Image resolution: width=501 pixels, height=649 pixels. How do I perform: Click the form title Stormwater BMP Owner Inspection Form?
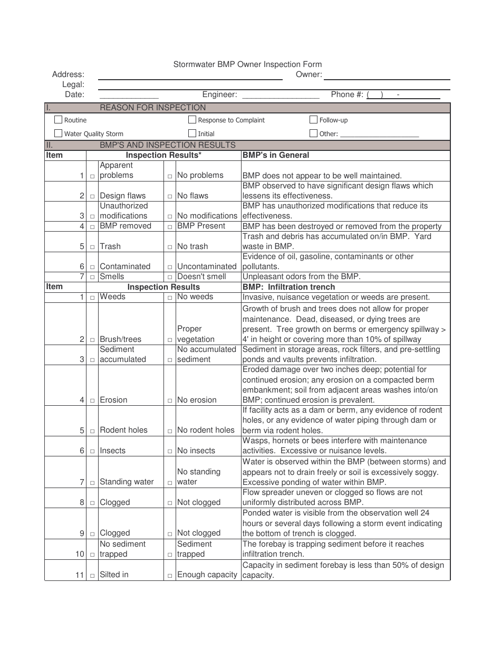pos(247,64)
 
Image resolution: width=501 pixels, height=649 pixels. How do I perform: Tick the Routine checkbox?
pos(59,120)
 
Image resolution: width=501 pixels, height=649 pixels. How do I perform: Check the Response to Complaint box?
pos(192,120)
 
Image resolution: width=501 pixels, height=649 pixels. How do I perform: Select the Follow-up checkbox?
pos(314,120)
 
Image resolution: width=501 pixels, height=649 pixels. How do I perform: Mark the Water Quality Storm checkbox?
pos(59,133)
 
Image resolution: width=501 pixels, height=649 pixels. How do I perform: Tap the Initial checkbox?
pos(192,133)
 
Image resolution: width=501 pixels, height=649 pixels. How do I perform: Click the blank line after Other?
pos(380,135)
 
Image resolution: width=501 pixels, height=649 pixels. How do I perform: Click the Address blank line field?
pos(190,75)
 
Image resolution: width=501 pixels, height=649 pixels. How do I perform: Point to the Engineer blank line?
pos(280,96)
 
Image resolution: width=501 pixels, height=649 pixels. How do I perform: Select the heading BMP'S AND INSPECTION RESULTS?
pos(168,145)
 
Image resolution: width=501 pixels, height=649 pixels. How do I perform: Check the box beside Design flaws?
pos(92,197)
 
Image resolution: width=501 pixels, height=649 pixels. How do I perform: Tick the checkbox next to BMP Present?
pos(170,227)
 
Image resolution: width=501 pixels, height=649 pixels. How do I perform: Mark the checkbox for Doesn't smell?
pos(170,278)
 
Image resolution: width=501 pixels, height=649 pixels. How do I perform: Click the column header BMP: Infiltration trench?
pos(288,287)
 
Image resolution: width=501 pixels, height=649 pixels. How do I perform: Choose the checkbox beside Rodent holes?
pos(92,431)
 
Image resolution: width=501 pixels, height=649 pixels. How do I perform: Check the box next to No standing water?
pos(170,483)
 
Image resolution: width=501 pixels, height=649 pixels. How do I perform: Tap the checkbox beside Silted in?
pos(92,576)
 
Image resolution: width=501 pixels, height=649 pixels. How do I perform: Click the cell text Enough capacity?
pos(207,575)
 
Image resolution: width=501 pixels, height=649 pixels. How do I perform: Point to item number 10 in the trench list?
pos(80,554)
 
